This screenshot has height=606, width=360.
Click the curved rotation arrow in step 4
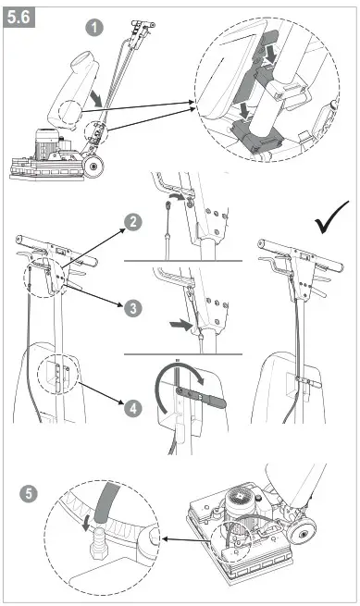click(x=188, y=373)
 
